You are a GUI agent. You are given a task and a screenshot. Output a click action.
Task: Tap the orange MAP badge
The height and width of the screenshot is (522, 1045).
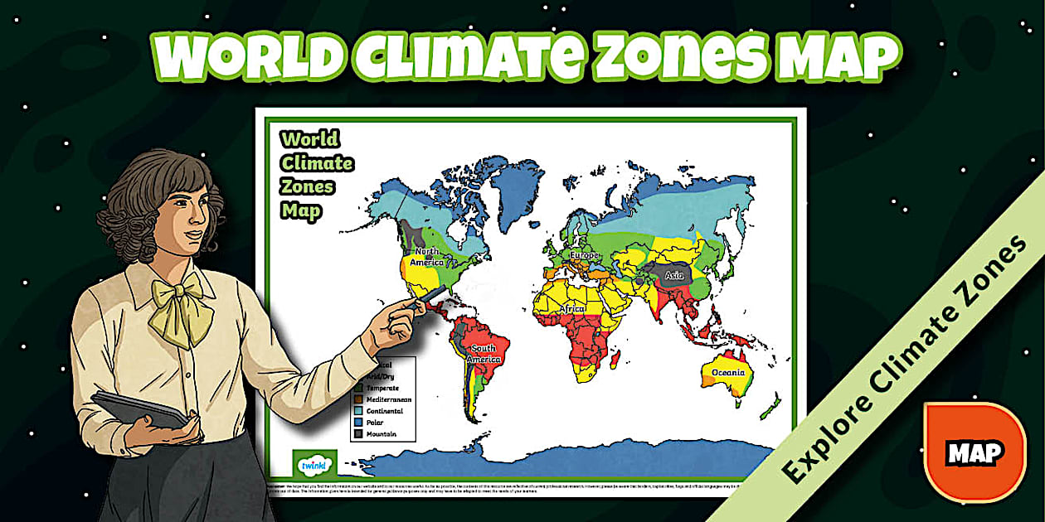(975, 452)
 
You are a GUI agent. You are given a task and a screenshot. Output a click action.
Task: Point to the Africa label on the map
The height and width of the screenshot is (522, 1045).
(572, 309)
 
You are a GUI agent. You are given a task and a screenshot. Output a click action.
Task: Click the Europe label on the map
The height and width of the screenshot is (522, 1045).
(584, 254)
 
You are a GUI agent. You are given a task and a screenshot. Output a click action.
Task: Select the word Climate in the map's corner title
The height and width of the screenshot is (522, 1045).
(317, 163)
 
